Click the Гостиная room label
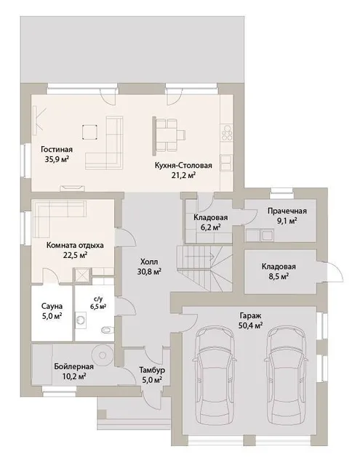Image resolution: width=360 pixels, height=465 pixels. coord(57,149)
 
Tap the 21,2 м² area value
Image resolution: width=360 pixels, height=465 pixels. coord(183,175)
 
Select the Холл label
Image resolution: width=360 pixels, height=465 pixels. coord(149,262)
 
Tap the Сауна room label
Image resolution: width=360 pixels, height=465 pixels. coord(52,306)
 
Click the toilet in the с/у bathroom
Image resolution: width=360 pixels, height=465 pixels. coord(107,329)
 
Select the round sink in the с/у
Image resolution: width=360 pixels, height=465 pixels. coord(81,320)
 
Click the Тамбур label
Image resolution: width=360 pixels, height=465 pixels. coord(152,370)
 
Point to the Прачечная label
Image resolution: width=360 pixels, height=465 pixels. coord(287,211)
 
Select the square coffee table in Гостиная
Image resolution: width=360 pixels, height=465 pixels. coord(90,132)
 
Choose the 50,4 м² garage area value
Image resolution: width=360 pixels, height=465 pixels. coord(250,325)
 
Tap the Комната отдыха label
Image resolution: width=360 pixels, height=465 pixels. coord(75,246)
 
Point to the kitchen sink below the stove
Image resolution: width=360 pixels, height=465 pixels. coord(226,163)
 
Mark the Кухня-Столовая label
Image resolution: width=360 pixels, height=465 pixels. coord(183,165)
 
